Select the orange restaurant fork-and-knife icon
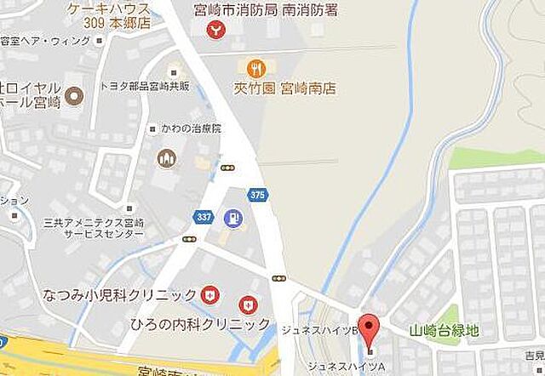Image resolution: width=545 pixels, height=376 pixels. pos(254,67)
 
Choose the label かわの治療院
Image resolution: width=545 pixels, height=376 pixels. pos(190,128)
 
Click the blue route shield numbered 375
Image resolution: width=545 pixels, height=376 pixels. pos(259,195)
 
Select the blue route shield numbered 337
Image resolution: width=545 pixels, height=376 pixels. pos(203,217)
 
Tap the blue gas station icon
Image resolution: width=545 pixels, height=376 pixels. pos(231,218)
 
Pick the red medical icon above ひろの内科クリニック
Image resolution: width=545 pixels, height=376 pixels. pos(247,303)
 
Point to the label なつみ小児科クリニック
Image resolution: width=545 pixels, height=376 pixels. pos(120,295)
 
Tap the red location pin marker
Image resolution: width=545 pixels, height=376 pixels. pos(369,327)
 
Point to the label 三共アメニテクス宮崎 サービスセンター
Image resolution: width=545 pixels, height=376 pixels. pos(94,227)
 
